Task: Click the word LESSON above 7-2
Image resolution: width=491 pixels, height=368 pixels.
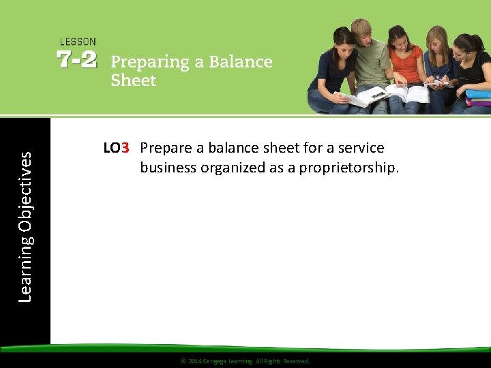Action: tap(78, 42)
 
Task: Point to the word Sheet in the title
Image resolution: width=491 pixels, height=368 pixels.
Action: tap(134, 80)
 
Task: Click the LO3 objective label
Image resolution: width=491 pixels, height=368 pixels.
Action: tap(116, 148)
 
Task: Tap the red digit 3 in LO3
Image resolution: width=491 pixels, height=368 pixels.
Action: tap(125, 148)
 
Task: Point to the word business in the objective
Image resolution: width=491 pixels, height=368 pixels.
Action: tap(168, 167)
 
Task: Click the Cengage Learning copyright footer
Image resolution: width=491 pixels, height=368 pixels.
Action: tap(245, 361)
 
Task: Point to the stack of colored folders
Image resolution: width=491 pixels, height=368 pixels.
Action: tap(478, 97)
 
